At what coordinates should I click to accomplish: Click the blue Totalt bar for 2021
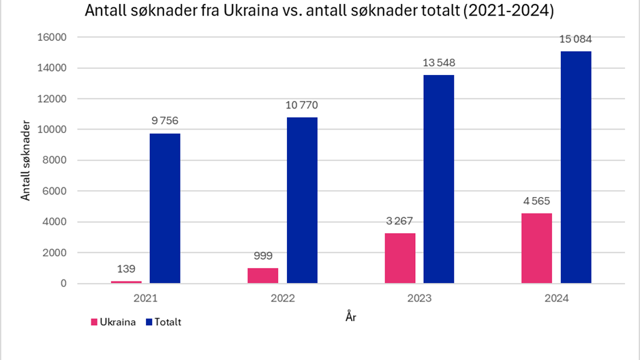(165, 208)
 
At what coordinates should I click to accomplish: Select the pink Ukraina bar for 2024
(536, 248)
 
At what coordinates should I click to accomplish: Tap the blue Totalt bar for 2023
(438, 179)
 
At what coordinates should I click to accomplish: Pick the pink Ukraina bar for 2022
(263, 275)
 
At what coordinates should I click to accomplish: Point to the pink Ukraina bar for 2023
(399, 258)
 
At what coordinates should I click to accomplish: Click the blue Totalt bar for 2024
(575, 167)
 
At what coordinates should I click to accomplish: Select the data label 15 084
(575, 39)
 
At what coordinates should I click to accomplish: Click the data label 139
(126, 269)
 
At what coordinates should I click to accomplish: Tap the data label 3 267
(399, 221)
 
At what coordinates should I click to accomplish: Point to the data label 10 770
(302, 105)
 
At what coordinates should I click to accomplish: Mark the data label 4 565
(536, 201)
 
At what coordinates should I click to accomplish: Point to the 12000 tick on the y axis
(52, 99)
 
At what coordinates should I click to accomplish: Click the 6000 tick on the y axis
(55, 191)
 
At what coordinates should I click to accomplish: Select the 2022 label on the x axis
(282, 299)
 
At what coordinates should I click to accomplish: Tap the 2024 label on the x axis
(555, 299)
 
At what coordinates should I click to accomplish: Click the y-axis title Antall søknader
(26, 160)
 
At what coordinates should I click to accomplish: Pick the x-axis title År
(350, 316)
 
